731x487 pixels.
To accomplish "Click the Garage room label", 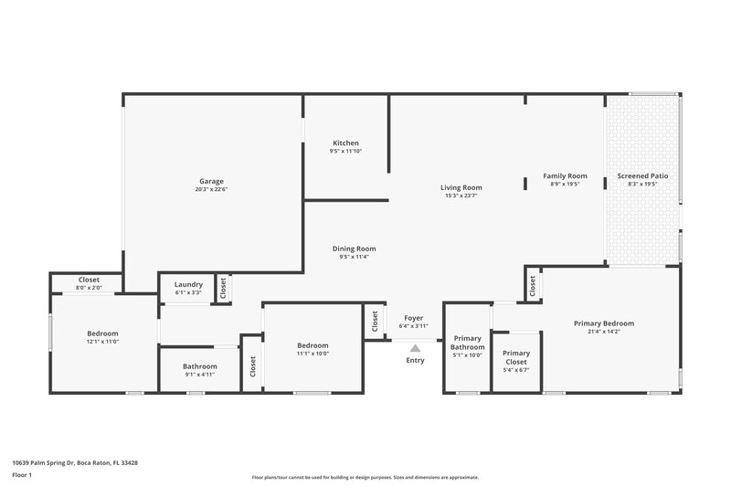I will click(211, 181).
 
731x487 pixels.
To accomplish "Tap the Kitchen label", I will click(345, 143).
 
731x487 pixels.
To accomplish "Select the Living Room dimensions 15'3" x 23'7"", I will click(462, 195).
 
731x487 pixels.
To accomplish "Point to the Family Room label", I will click(565, 175).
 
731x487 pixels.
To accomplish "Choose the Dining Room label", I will click(354, 249).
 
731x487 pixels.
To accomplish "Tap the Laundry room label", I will click(188, 284).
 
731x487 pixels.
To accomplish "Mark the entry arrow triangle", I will click(415, 347).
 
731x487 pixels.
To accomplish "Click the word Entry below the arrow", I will click(415, 360).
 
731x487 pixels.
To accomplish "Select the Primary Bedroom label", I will click(603, 323).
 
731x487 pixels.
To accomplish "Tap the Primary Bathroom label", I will click(467, 343).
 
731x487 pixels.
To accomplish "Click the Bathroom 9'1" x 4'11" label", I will click(199, 366).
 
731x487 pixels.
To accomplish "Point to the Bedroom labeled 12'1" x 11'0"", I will click(102, 333).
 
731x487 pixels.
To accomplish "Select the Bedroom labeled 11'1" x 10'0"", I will click(313, 345).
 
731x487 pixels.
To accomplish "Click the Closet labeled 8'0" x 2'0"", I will click(89, 280).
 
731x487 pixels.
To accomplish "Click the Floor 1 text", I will click(22, 475).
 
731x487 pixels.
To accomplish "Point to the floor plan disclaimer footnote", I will click(365, 477).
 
